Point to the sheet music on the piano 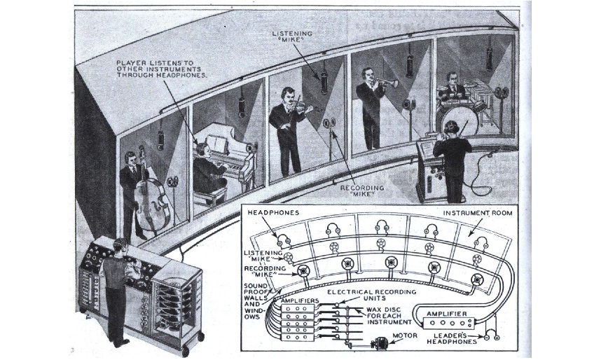pos(217,144)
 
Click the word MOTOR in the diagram pos(405,335)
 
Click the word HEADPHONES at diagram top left pos(273,213)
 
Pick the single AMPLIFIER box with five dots pos(449,322)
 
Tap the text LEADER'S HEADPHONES pos(452,339)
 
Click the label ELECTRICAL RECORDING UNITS pos(371,295)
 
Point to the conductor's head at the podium pos(452,128)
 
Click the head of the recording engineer pos(118,246)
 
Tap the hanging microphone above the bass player pos(161,140)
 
